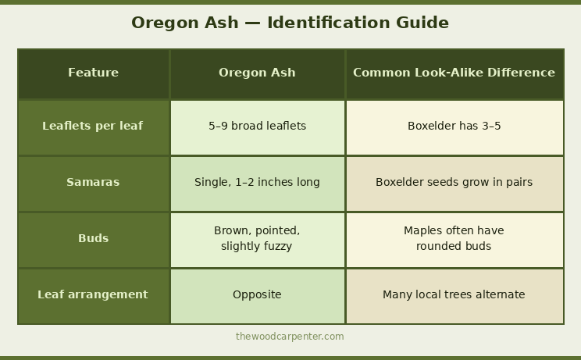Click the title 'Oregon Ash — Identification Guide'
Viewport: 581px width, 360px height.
point(290,23)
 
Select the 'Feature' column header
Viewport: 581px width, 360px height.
point(93,73)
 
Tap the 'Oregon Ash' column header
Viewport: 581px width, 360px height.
point(257,73)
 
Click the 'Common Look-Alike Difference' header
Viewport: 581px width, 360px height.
point(454,73)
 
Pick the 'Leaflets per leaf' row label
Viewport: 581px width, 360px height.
point(93,126)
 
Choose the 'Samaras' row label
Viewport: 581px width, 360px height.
point(93,182)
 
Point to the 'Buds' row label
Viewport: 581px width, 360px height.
point(93,238)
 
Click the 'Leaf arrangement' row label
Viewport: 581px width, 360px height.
point(93,294)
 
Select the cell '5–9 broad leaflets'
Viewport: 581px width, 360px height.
point(257,126)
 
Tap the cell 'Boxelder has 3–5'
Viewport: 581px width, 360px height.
point(454,126)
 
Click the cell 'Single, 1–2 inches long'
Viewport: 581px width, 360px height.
point(257,182)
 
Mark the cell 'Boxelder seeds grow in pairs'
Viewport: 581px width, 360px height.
point(454,182)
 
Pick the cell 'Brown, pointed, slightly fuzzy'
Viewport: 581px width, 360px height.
point(257,238)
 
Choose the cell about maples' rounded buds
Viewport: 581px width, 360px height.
point(454,238)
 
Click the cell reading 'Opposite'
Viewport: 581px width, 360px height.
point(257,294)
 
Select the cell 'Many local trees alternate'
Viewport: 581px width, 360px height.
point(454,294)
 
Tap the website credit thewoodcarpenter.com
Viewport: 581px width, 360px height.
point(290,337)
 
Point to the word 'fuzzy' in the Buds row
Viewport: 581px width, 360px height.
point(277,246)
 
